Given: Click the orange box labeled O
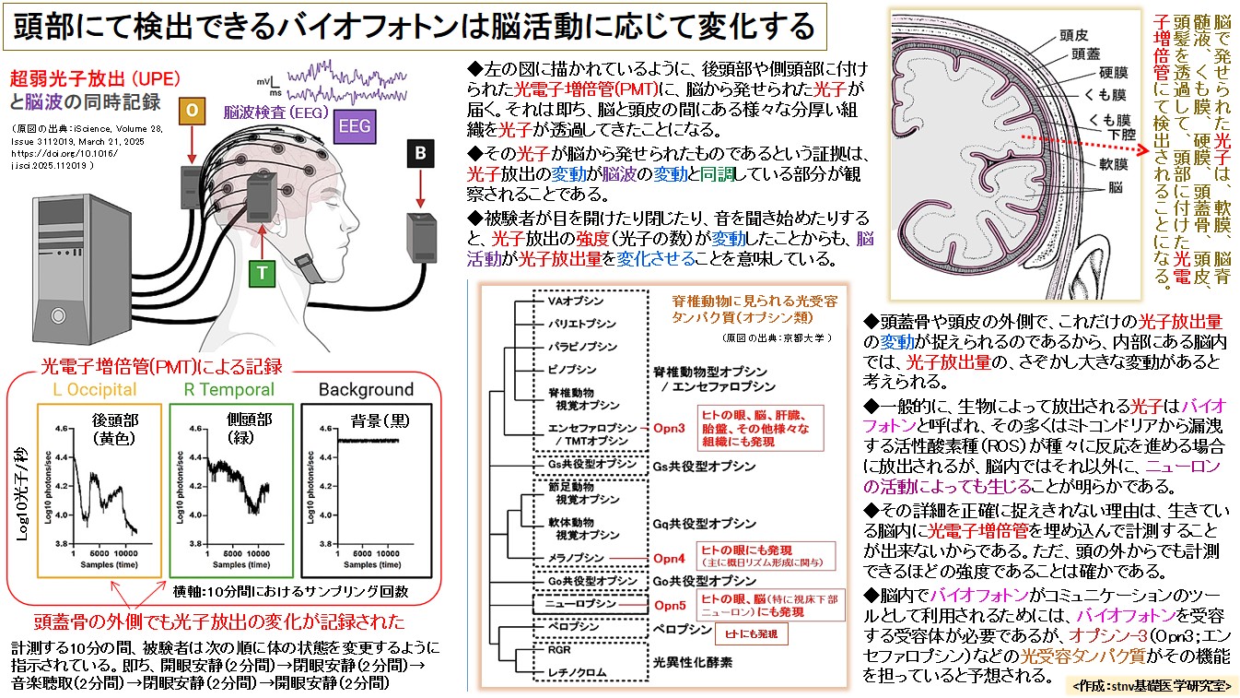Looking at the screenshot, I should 191,110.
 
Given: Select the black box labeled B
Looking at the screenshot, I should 421,154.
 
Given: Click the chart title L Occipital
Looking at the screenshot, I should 95,389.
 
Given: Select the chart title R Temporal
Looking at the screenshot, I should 230,389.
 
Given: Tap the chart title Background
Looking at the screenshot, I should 366,389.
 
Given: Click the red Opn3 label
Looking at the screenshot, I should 671,429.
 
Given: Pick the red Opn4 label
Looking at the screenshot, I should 670,558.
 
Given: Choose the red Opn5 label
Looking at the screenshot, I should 670,605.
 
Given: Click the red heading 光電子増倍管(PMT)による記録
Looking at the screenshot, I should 162,365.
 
